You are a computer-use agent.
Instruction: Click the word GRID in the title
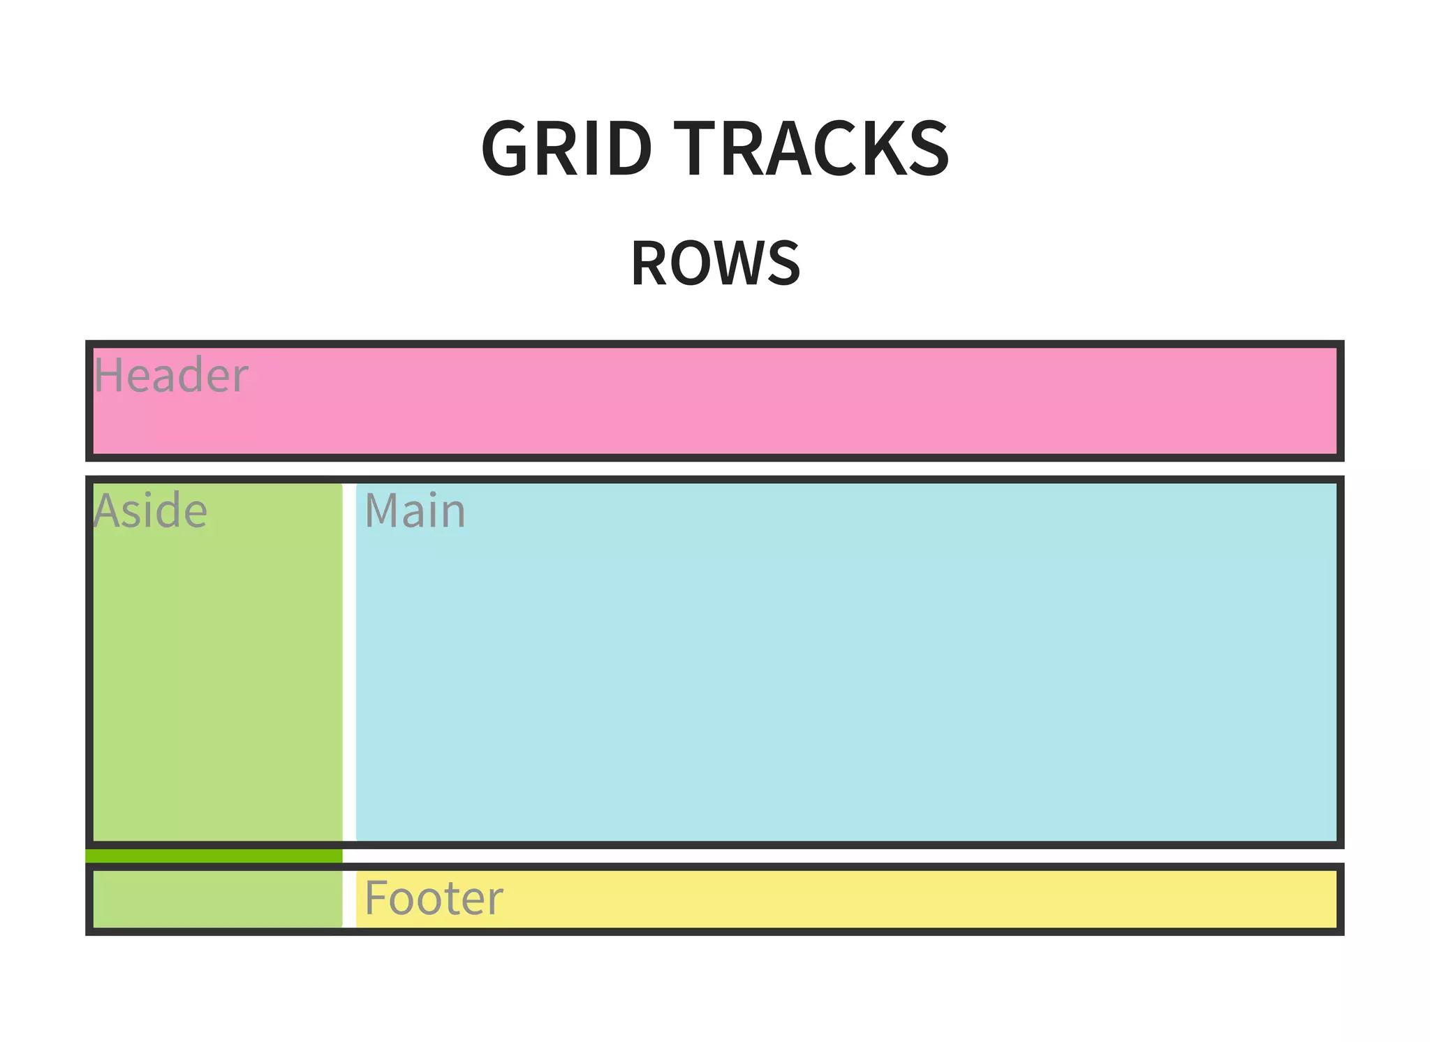(x=566, y=148)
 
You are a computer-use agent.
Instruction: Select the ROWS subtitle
(x=715, y=263)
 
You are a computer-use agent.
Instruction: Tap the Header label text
(x=171, y=376)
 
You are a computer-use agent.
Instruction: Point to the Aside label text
(x=151, y=511)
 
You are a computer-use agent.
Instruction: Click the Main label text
(x=415, y=511)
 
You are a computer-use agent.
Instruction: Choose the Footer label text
(x=434, y=898)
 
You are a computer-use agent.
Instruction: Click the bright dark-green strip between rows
(x=214, y=856)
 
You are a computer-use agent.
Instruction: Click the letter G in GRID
(x=504, y=148)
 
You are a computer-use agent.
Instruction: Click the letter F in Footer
(x=375, y=898)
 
